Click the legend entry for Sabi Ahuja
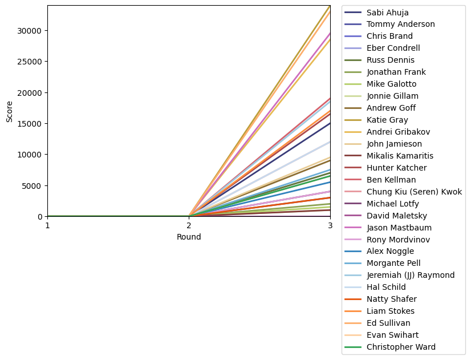tap(387, 13)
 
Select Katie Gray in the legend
tap(385, 120)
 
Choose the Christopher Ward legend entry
tap(401, 347)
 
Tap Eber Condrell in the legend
tap(393, 48)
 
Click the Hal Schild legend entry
tap(386, 287)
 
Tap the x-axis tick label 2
tap(189, 226)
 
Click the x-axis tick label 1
tap(47, 226)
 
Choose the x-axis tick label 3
tap(330, 226)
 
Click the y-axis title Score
tap(9, 111)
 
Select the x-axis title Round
tap(189, 237)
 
